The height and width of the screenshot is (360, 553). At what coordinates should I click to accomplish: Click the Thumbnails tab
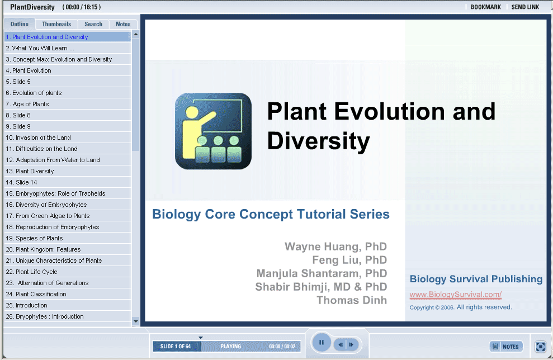tap(56, 24)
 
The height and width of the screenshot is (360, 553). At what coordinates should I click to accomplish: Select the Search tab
tap(93, 24)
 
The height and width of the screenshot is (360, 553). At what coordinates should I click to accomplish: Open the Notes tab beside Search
tap(123, 24)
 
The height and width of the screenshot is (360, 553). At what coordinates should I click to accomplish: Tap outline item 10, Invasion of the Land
tap(38, 138)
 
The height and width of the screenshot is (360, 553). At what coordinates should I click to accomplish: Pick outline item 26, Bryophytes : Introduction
tap(44, 316)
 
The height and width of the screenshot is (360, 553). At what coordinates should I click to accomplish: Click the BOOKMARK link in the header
tap(485, 7)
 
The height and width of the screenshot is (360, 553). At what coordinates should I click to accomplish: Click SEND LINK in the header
tap(525, 7)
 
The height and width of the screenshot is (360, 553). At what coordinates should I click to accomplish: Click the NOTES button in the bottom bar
tap(506, 347)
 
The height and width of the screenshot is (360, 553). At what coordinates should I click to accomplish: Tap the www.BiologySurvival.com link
tap(455, 295)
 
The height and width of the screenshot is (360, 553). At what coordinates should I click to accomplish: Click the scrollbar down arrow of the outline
tap(136, 321)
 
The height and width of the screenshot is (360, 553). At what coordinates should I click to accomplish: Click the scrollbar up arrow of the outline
tap(136, 35)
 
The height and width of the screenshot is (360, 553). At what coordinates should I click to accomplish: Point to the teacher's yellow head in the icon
tap(192, 112)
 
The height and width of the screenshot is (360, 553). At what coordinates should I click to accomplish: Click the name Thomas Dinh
tap(352, 300)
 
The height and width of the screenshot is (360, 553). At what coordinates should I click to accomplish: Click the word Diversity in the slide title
tap(319, 141)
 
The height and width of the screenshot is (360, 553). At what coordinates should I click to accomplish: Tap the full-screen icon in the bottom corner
tap(540, 347)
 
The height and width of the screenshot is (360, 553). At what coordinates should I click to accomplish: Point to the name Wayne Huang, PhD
tap(335, 247)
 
